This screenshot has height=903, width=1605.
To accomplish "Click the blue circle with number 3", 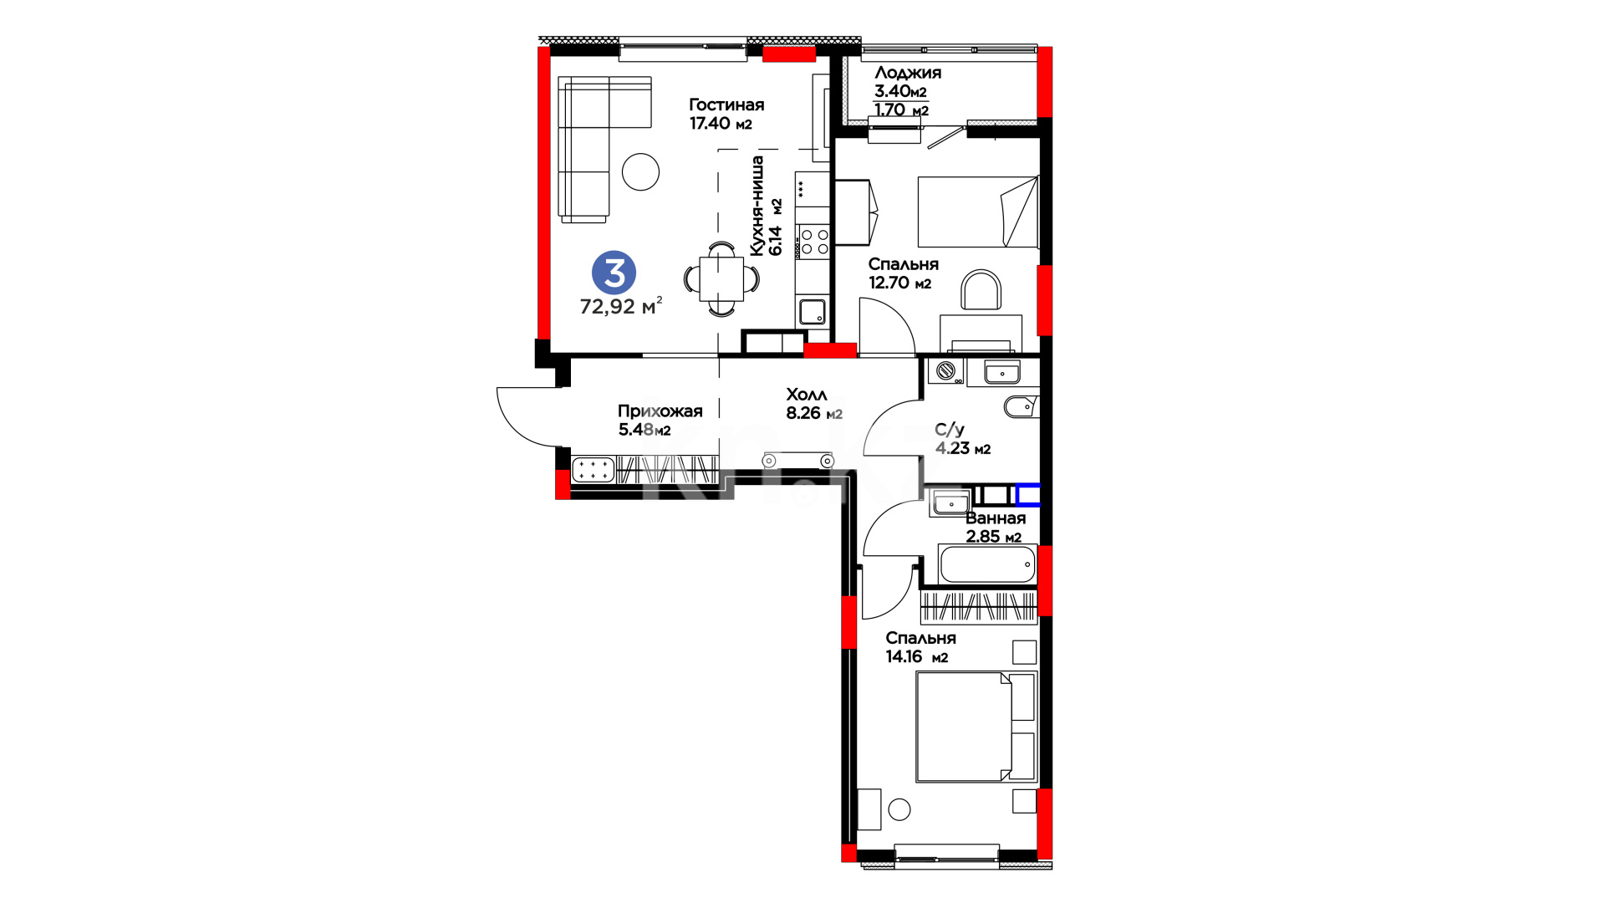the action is click(x=614, y=273).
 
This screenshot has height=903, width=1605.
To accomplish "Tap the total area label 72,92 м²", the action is click(x=621, y=306).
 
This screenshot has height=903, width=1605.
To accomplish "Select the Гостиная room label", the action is click(x=726, y=105).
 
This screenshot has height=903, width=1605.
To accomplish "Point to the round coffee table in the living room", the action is click(x=641, y=172).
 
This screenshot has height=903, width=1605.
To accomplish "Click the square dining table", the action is click(x=721, y=278).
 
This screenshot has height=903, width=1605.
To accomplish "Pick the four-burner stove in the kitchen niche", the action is click(x=813, y=242).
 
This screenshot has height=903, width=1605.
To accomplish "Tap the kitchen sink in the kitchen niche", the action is click(x=813, y=312).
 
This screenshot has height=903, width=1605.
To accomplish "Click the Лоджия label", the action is click(x=908, y=73).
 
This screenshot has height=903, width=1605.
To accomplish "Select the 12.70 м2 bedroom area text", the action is click(x=899, y=283).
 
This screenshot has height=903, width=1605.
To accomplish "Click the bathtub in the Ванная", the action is click(x=987, y=564).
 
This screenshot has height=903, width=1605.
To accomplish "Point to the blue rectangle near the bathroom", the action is click(x=1028, y=495).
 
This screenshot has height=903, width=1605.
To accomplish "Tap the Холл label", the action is click(x=807, y=395).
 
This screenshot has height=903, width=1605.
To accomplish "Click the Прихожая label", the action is click(x=660, y=411).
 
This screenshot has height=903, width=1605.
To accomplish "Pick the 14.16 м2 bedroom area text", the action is click(x=917, y=657).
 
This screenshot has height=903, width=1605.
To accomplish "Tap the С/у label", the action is click(x=950, y=430).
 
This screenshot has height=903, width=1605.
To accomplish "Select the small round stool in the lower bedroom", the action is click(x=899, y=809).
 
